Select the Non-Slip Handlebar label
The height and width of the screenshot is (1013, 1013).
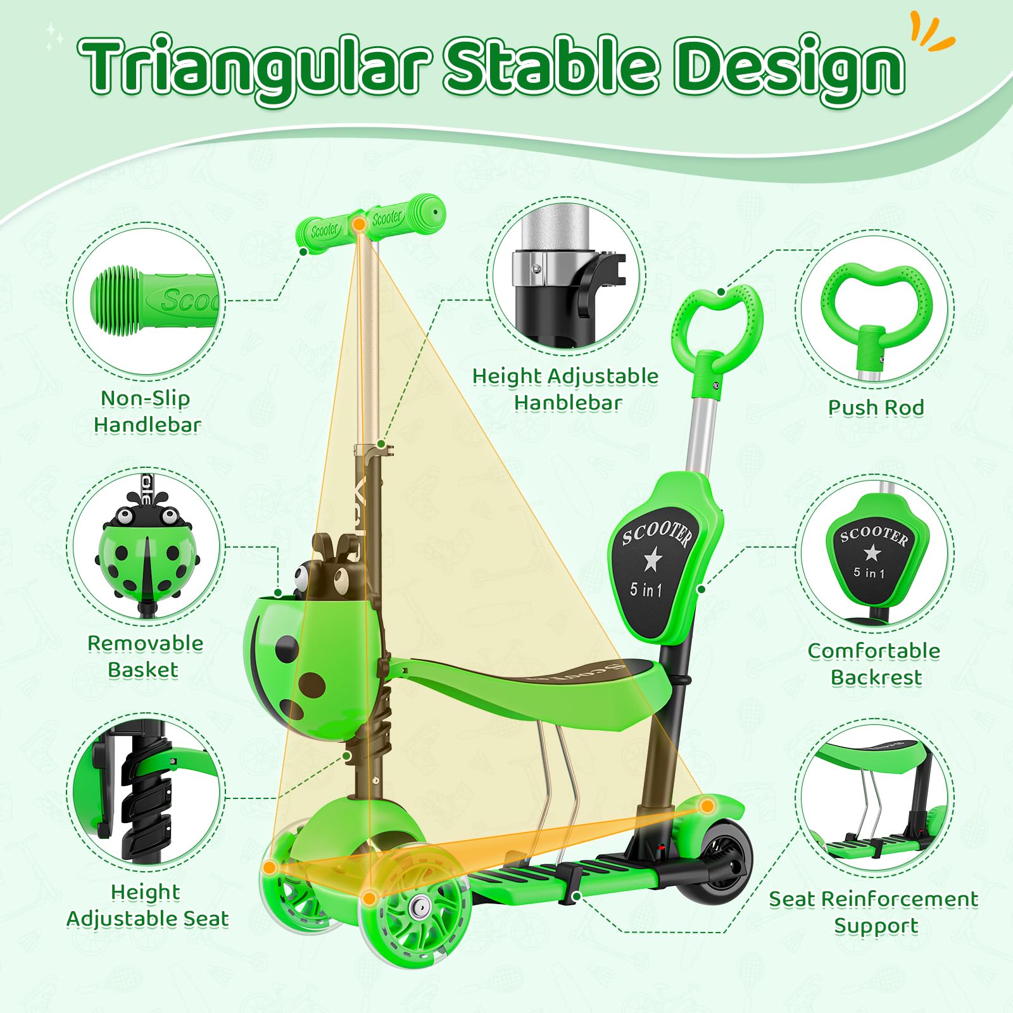147,412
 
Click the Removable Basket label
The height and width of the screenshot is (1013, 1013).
145,657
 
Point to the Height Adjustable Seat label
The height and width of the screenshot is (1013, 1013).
147,905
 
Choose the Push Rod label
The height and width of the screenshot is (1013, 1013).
876,408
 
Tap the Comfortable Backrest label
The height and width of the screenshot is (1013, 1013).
874,664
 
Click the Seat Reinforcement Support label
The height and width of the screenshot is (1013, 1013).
874,912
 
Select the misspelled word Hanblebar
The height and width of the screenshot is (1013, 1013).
568,403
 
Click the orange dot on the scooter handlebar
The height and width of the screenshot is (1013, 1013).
359,224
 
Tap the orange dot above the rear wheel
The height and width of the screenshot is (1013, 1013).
707,806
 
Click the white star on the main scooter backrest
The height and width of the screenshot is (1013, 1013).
652,560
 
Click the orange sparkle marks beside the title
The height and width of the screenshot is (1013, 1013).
930,32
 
